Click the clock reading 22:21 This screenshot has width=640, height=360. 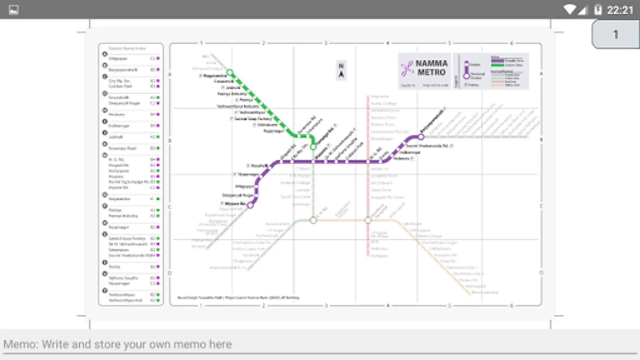click(620, 10)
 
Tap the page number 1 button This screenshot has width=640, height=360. click(616, 35)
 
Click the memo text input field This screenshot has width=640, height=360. click(320, 344)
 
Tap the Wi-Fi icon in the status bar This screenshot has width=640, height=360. click(569, 10)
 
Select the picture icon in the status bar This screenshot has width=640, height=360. click(14, 10)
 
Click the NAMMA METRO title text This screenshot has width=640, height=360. click(431, 68)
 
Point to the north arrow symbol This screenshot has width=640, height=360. click(341, 71)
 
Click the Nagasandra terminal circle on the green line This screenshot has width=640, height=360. click(230, 73)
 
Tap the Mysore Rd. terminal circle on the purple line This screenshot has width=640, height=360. click(250, 205)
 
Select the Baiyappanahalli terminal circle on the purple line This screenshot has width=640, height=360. click(421, 137)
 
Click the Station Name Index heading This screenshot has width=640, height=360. click(127, 48)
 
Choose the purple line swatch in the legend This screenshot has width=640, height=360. click(498, 60)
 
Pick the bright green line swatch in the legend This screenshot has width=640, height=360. click(498, 65)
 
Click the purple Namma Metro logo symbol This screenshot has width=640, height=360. click(407, 68)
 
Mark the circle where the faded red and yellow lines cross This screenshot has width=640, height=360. click(368, 220)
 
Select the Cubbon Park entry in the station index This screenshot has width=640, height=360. click(120, 86)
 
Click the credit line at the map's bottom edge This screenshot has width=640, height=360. click(238, 298)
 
